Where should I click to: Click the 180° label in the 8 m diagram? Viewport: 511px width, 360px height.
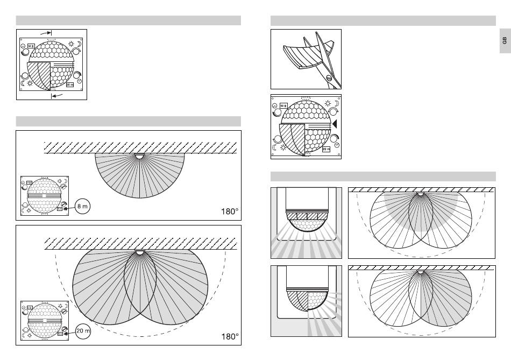coord(230,211)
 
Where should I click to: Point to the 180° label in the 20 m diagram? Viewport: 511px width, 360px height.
coord(230,336)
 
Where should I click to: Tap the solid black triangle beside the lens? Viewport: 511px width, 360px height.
coord(335,124)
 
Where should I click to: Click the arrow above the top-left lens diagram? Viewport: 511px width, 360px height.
coord(47,33)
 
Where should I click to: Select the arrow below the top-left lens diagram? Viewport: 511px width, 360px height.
coord(56,95)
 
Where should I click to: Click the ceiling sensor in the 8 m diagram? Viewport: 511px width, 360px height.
coord(139,157)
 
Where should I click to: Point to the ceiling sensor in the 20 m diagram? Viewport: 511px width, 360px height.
coord(139,252)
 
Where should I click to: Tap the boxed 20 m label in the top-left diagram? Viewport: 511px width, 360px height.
coord(70,84)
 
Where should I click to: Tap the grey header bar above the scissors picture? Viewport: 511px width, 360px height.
coord(383,20)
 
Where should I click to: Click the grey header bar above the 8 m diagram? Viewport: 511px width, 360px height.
coord(128,121)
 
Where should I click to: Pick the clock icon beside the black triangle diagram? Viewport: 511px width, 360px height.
coord(337,145)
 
